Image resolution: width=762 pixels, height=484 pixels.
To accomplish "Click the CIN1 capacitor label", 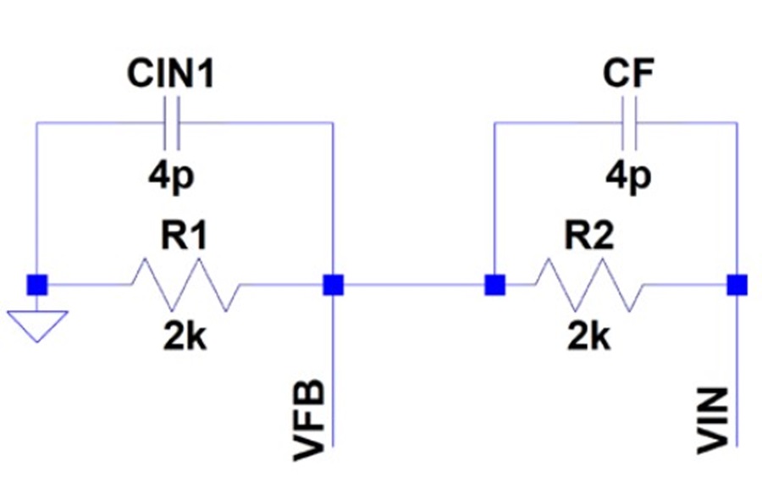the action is tap(170, 74).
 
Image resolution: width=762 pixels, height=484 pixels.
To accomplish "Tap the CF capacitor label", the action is tap(628, 73).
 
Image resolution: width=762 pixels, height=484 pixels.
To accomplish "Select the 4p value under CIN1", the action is tap(171, 175).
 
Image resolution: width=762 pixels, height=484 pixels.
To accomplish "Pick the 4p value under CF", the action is tap(628, 175).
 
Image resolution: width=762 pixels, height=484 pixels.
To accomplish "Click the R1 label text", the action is tap(185, 236).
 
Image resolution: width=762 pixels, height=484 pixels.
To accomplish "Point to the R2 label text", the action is tap(589, 236).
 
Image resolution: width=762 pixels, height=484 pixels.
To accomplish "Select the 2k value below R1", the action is tap(185, 337).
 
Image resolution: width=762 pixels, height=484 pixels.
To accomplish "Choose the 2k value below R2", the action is tap(589, 337).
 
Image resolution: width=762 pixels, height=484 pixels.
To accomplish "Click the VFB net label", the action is tap(309, 420).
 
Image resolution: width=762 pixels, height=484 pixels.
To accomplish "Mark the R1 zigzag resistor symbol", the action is tap(185, 285).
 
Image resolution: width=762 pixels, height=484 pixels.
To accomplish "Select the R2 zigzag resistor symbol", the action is tap(589, 285).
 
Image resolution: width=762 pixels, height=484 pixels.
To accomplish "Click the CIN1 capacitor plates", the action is tap(172, 123).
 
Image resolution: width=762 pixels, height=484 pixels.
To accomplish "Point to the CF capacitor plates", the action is tap(629, 123).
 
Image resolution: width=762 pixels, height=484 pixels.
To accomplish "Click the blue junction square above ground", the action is tap(37, 285).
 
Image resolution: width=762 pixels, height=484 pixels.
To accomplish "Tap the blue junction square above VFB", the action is tap(334, 285).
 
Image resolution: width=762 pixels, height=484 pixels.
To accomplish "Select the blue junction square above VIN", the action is tap(737, 285).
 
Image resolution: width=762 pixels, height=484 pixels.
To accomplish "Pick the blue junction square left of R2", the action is tap(495, 285).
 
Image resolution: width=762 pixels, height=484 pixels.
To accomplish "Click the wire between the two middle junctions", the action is tap(415, 285).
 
